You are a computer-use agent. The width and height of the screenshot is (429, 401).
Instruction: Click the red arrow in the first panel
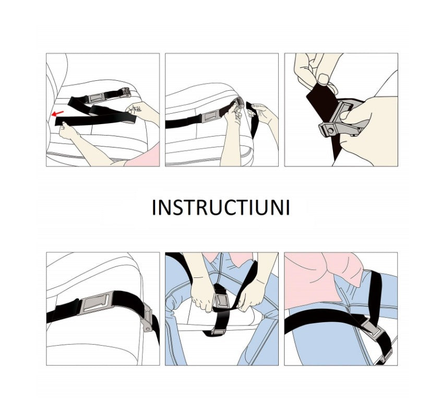tap(58, 113)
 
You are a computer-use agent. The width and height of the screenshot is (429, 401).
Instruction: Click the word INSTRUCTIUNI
tap(221, 208)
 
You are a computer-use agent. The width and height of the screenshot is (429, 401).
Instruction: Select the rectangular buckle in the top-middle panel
tap(209, 118)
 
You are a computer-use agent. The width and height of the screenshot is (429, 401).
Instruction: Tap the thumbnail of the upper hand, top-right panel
tap(324, 80)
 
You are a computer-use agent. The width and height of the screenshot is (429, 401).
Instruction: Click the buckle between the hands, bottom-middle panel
tap(221, 300)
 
